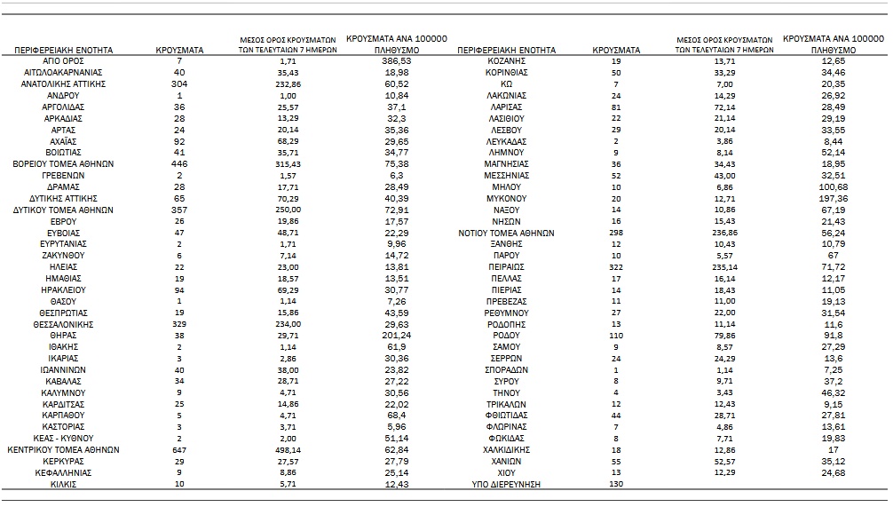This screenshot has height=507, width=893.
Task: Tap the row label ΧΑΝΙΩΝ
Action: tap(506, 462)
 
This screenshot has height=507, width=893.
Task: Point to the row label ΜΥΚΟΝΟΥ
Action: tap(507, 198)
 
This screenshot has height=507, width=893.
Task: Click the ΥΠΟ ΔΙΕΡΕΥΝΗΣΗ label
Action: tap(506, 485)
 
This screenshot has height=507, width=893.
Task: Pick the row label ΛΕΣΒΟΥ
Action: tap(507, 130)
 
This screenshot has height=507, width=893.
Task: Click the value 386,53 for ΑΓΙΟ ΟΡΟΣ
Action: tap(396, 60)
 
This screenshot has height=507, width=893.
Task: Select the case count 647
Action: tap(179, 450)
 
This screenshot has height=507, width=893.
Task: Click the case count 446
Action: tap(179, 164)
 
